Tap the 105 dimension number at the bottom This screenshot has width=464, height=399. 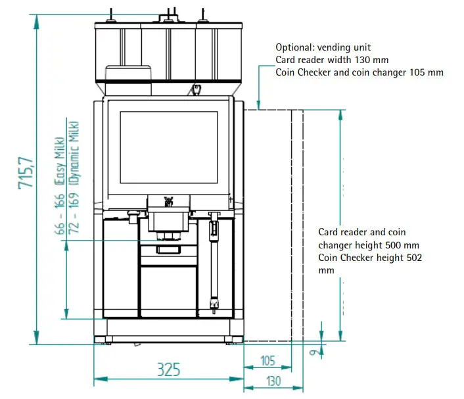click(x=267, y=361)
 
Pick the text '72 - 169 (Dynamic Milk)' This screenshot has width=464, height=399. click(x=74, y=177)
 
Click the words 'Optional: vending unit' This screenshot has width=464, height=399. click(x=323, y=47)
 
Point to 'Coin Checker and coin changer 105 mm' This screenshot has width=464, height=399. click(x=360, y=72)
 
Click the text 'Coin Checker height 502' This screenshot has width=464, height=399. click(x=370, y=258)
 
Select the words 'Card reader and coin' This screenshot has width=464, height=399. click(x=361, y=232)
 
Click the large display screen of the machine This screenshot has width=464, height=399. click(x=169, y=147)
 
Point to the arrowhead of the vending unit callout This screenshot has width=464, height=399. click(x=260, y=106)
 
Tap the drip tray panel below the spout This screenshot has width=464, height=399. click(x=168, y=289)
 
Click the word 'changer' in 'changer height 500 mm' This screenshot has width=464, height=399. click(x=336, y=245)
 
